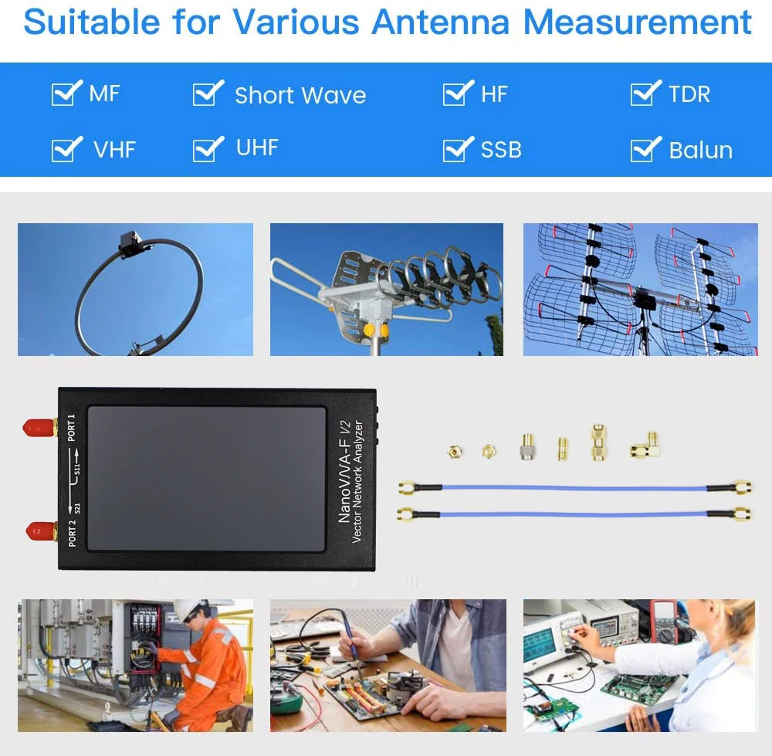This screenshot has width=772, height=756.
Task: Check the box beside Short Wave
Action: (x=207, y=93)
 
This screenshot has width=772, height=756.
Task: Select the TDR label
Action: (x=689, y=94)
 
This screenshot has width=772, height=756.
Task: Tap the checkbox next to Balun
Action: (x=645, y=149)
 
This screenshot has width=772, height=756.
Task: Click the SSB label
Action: (x=501, y=150)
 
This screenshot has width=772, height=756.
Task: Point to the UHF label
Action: (x=257, y=147)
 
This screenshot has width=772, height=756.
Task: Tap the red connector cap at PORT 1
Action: (x=37, y=426)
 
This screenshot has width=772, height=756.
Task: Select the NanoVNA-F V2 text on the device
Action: (x=345, y=472)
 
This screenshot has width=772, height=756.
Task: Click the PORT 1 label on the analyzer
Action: (x=72, y=428)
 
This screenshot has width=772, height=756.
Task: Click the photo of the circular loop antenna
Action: (x=135, y=290)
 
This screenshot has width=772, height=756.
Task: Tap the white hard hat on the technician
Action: (x=188, y=609)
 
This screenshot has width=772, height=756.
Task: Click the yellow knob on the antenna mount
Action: (x=371, y=330)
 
